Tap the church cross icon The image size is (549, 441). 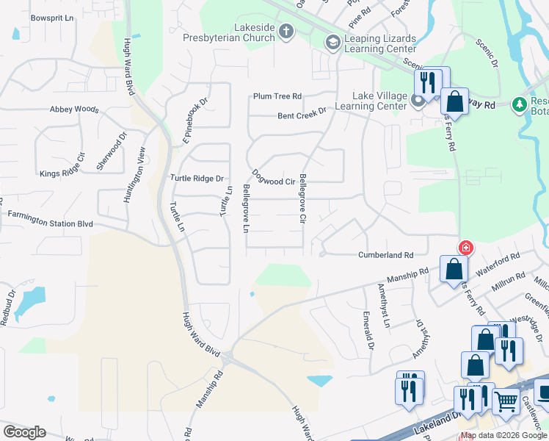[286, 31]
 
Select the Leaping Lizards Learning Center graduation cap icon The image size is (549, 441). [332, 43]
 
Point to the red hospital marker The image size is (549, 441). [464, 247]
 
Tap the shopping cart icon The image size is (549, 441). [506, 401]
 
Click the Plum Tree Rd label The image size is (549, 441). [277, 96]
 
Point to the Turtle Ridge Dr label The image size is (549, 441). [197, 179]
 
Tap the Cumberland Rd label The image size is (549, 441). [385, 255]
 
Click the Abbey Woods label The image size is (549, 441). [74, 110]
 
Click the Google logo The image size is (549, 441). [24, 432]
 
